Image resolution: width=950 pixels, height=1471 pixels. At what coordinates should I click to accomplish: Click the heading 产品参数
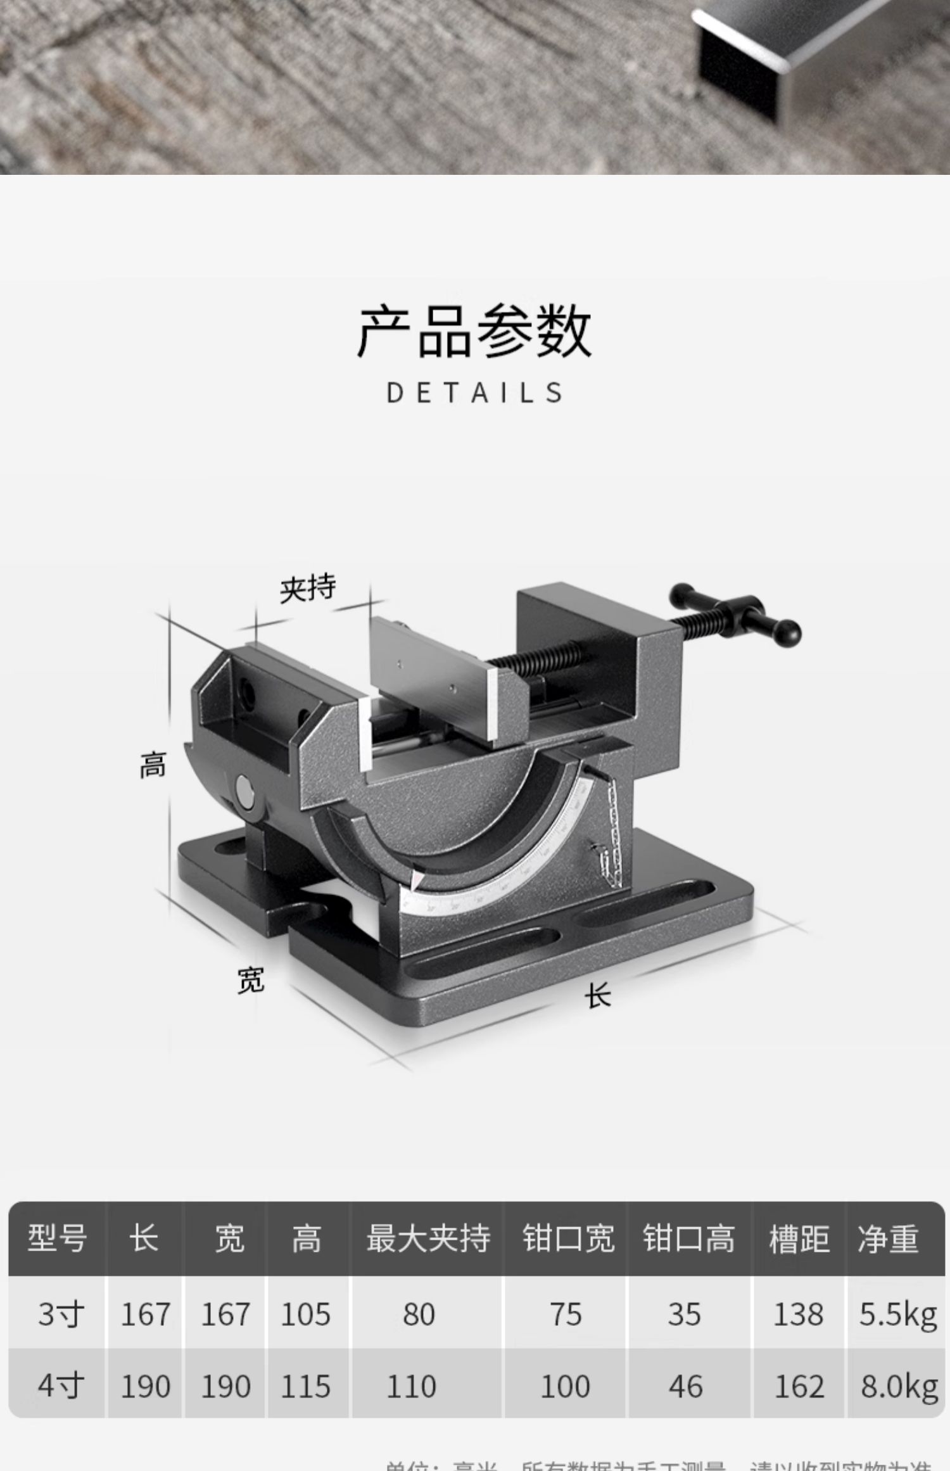click(474, 331)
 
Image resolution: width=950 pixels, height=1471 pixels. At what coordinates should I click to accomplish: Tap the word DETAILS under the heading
click(474, 393)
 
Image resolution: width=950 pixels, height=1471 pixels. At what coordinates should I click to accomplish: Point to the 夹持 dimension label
click(308, 588)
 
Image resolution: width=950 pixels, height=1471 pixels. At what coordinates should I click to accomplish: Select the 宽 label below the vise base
click(251, 980)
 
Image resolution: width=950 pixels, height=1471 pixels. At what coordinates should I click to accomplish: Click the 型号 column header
click(57, 1238)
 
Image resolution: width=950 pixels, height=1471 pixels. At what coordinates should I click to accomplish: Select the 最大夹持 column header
click(427, 1238)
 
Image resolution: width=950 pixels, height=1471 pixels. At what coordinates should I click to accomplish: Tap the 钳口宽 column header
click(567, 1238)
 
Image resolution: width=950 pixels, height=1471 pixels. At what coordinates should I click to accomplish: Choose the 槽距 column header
click(799, 1238)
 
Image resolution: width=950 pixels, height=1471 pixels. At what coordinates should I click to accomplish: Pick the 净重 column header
click(888, 1238)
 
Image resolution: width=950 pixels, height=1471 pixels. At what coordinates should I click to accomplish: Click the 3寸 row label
click(61, 1315)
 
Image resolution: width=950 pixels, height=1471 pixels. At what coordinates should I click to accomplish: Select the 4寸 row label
click(61, 1386)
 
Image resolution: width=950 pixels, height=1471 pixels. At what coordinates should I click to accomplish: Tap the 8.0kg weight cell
click(899, 1387)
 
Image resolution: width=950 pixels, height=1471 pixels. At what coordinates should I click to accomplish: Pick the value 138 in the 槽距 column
click(798, 1315)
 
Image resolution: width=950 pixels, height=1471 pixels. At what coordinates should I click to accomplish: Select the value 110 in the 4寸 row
click(411, 1387)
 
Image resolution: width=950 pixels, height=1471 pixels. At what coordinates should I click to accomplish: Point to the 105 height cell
click(305, 1315)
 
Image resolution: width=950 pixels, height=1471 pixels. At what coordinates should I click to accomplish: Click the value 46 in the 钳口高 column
click(685, 1387)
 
